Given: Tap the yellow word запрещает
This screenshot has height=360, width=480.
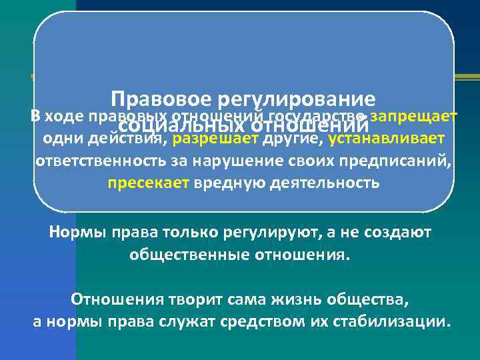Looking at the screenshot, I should (x=414, y=117).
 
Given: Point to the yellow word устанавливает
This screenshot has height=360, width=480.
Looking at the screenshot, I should (x=385, y=139).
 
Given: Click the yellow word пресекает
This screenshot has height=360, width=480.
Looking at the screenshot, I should (x=149, y=183).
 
